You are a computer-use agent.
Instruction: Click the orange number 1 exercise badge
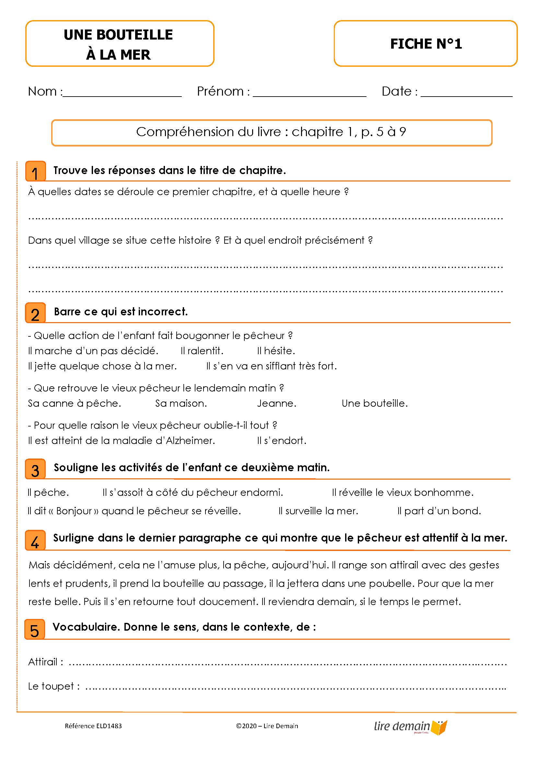(x=35, y=171)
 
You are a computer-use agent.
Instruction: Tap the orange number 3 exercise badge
(x=35, y=469)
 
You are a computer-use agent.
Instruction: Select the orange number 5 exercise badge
(x=35, y=630)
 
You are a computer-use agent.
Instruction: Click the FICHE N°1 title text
(x=426, y=43)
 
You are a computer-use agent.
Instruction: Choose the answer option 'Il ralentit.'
(x=202, y=351)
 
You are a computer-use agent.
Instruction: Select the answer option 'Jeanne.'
(x=276, y=403)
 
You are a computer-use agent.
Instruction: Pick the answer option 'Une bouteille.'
(x=375, y=403)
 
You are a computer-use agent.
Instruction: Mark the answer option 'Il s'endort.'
(x=282, y=440)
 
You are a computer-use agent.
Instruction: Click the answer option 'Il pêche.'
(x=48, y=493)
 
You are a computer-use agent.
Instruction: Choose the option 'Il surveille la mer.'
(x=318, y=511)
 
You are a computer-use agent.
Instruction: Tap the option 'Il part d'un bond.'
(x=439, y=511)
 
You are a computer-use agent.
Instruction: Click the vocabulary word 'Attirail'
(x=43, y=662)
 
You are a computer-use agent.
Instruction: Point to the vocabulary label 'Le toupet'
(x=51, y=686)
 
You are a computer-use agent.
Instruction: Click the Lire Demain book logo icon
(x=439, y=727)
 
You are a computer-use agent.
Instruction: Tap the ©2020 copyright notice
(x=267, y=726)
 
